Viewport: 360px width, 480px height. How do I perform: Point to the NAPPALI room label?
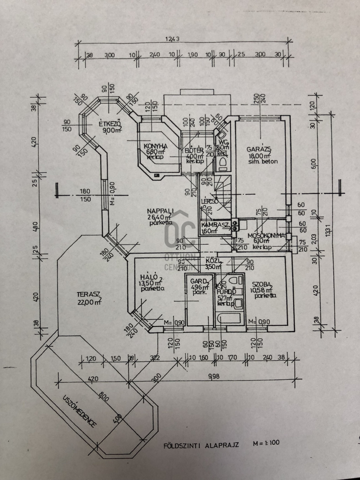point(160,211)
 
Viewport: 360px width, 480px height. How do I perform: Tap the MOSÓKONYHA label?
point(266,236)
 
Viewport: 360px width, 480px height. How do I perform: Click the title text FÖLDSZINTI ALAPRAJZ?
point(201,445)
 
